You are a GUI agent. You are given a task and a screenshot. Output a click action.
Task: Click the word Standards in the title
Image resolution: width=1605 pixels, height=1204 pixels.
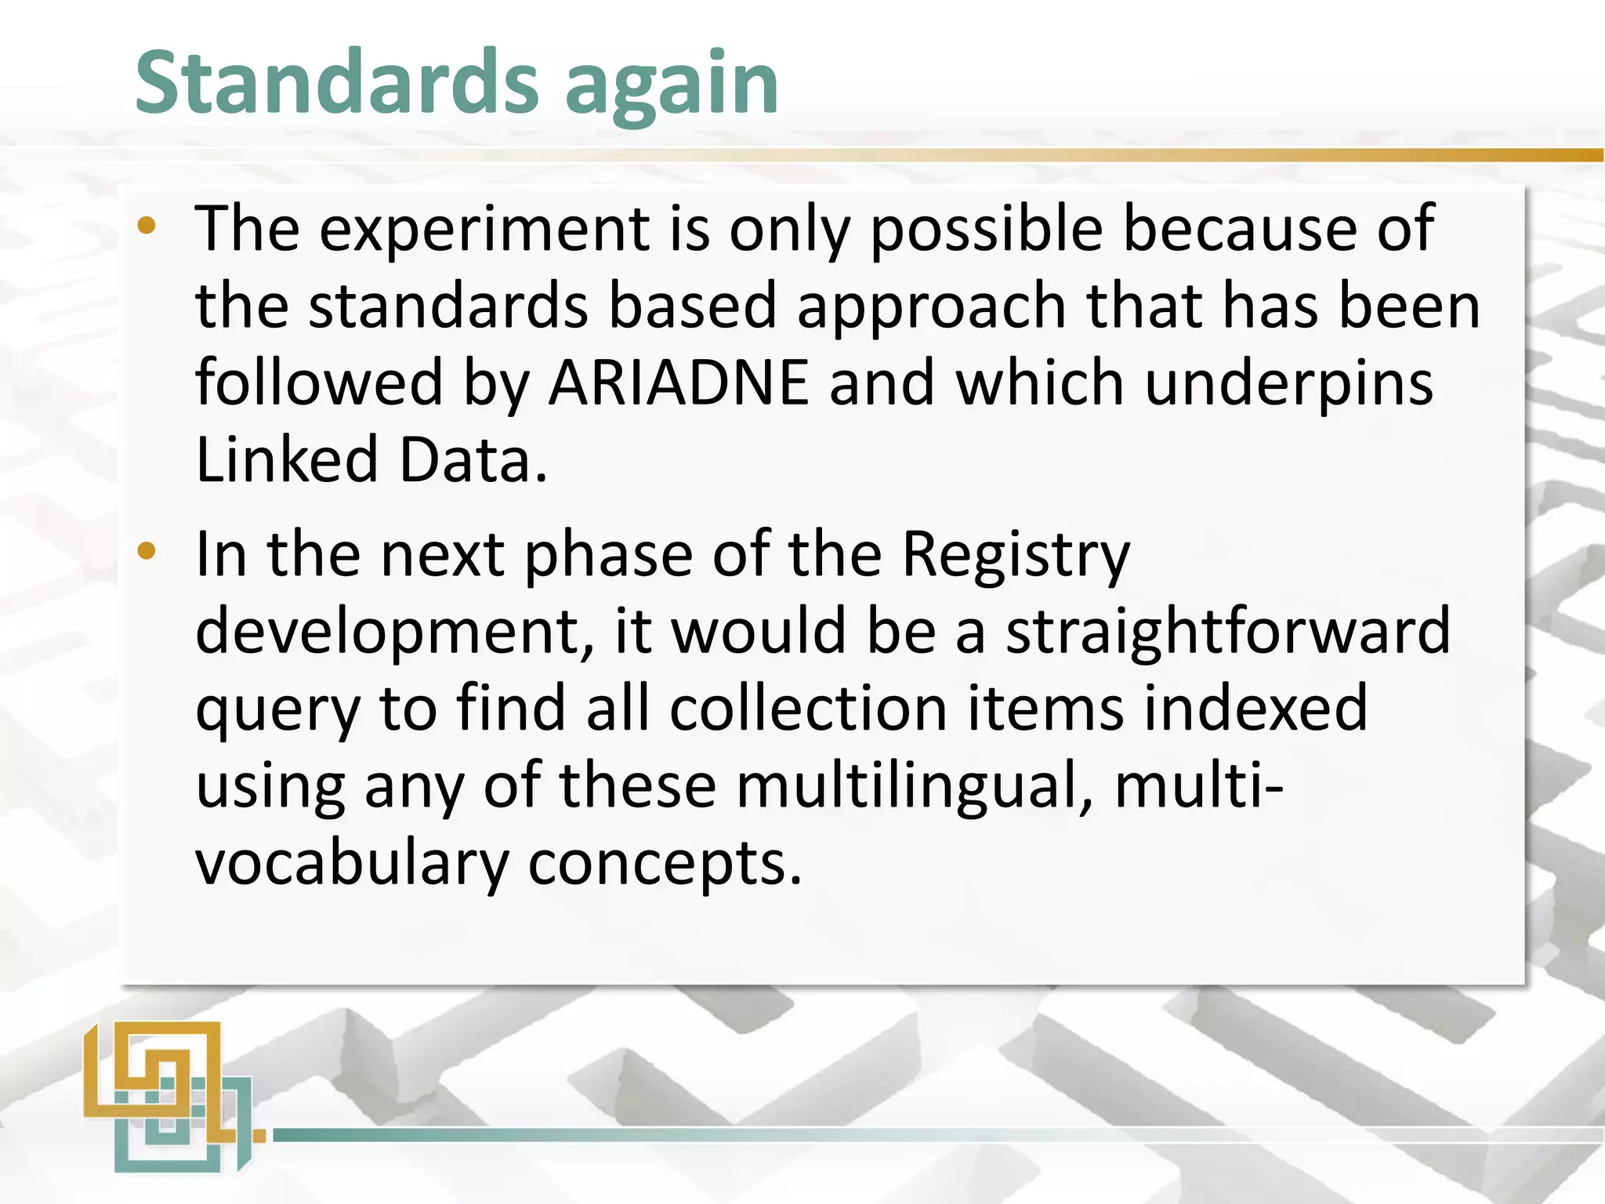[337, 82]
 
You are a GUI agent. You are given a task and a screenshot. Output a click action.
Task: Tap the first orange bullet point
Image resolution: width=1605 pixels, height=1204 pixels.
[147, 227]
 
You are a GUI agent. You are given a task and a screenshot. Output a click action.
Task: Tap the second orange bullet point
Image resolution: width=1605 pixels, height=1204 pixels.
[147, 552]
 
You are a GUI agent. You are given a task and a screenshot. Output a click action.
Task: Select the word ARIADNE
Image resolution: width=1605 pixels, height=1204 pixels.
[678, 383]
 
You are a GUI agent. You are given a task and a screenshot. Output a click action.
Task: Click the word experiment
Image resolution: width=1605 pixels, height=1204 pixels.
[484, 229]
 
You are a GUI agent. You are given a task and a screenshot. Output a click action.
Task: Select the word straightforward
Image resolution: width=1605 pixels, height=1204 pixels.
[1227, 632]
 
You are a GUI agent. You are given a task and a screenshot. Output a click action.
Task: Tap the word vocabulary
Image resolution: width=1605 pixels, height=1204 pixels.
[352, 864]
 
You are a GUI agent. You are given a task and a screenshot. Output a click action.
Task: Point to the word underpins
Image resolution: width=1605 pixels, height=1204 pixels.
[1288, 384]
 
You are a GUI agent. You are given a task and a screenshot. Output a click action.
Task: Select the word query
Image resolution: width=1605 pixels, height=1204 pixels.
[277, 710]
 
